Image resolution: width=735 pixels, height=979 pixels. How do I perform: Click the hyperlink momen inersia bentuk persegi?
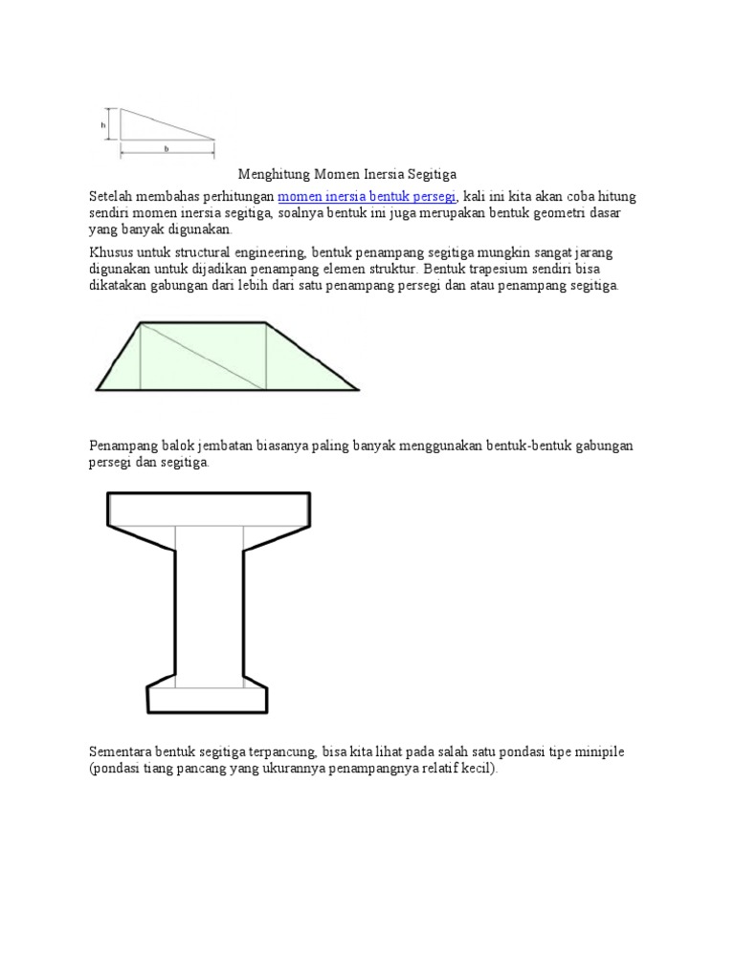367,197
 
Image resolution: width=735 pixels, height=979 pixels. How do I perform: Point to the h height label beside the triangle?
103,124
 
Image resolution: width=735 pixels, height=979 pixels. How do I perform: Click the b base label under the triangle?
167,149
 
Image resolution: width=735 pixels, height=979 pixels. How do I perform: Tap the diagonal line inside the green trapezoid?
203,356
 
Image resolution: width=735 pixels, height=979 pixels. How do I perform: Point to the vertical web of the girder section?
209,607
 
